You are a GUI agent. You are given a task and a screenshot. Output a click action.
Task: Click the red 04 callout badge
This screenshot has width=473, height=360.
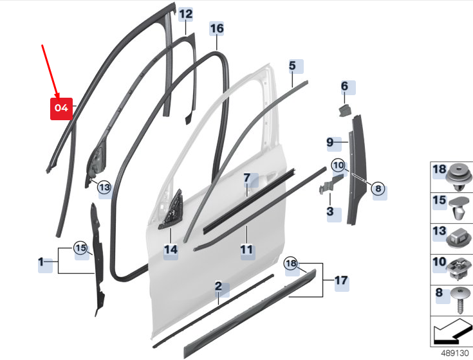tap(61, 109)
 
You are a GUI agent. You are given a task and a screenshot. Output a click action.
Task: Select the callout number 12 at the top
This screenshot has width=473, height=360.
tap(185, 14)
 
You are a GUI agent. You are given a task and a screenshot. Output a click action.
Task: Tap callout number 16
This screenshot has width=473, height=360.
tap(217, 29)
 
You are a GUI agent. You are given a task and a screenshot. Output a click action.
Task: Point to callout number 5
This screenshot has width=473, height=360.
tap(292, 66)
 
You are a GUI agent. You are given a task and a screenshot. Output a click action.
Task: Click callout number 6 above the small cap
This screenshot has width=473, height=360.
tap(344, 86)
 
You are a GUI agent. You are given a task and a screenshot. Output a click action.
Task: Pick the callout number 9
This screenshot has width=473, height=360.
tap(330, 142)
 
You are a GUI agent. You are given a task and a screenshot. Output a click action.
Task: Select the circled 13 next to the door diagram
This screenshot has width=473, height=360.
tap(104, 187)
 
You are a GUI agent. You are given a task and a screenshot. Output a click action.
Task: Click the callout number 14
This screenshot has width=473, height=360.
tap(171, 249)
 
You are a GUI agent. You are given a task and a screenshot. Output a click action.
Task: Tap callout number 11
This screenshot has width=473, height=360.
tap(246, 249)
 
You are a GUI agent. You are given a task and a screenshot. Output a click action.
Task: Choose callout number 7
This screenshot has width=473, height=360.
tap(247, 178)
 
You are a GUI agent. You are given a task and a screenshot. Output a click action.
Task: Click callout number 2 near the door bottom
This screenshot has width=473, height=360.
tap(218, 286)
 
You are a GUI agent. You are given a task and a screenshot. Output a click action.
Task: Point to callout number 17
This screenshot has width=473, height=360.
tap(341, 281)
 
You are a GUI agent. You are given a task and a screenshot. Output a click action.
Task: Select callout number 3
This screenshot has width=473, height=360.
tap(330, 212)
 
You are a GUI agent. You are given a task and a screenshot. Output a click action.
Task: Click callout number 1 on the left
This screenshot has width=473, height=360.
tap(41, 262)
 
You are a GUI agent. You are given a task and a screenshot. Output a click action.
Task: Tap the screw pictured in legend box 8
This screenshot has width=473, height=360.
tap(460, 300)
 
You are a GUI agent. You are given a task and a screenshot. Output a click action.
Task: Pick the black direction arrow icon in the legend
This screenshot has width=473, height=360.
tap(452, 332)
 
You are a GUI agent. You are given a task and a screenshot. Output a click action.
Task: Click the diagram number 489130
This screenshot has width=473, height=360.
tap(454, 353)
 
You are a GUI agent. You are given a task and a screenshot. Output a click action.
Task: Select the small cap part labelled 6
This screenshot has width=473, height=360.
tap(345, 111)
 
